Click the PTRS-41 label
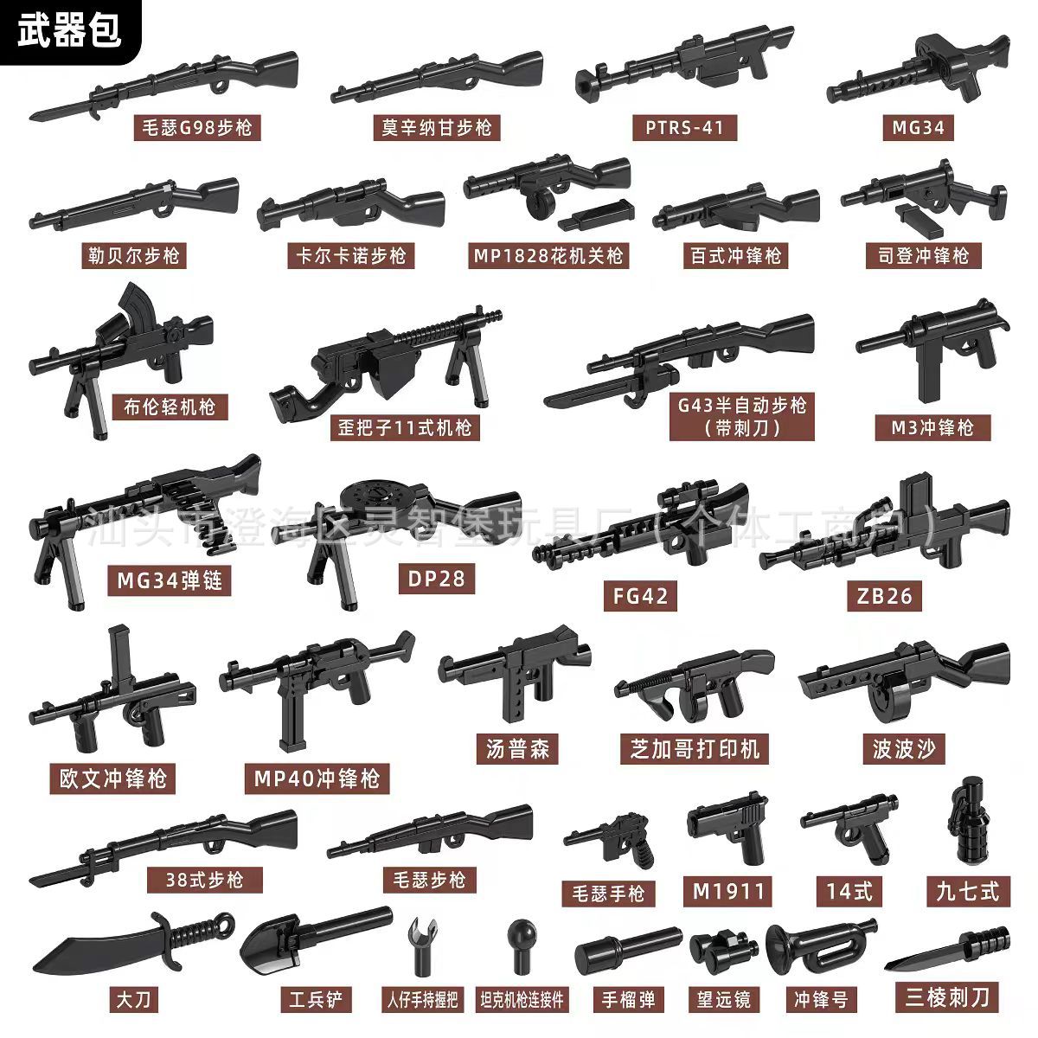click(x=684, y=128)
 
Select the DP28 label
click(x=437, y=578)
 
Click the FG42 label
click(x=641, y=595)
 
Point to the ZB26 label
click(x=885, y=595)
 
